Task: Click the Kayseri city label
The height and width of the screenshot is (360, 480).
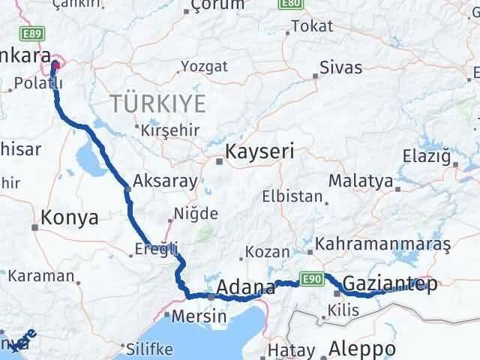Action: point(262,152)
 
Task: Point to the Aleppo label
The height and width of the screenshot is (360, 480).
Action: point(362,349)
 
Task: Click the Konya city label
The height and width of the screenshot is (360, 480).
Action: point(70,218)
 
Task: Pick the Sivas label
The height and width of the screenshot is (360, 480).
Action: point(340,67)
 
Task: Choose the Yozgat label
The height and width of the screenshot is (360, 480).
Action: point(205,67)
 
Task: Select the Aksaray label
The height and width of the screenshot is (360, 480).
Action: point(165,181)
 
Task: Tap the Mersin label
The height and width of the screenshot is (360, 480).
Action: point(199,316)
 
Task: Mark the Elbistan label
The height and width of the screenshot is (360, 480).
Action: point(292,197)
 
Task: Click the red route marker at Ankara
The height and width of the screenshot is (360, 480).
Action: point(55,66)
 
